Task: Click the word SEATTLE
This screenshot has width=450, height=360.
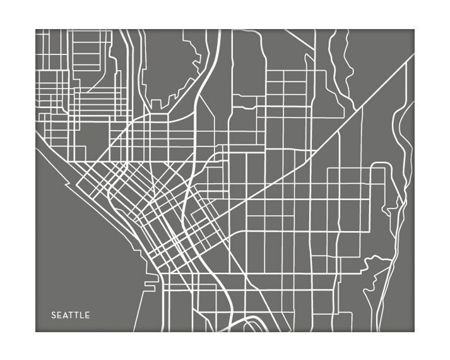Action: pyautogui.click(x=71, y=315)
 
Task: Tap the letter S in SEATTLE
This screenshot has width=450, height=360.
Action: pyautogui.click(x=54, y=315)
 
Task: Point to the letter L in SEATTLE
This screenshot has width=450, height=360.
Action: pyautogui.click(x=81, y=315)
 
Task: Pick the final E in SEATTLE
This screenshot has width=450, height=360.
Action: pyautogui.click(x=87, y=315)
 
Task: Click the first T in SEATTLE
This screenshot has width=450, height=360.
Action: pyautogui.click(x=70, y=315)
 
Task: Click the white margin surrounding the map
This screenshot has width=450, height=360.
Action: pyautogui.click(x=225, y=16)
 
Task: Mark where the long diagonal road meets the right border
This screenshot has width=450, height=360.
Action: pyautogui.click(x=413, y=56)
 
